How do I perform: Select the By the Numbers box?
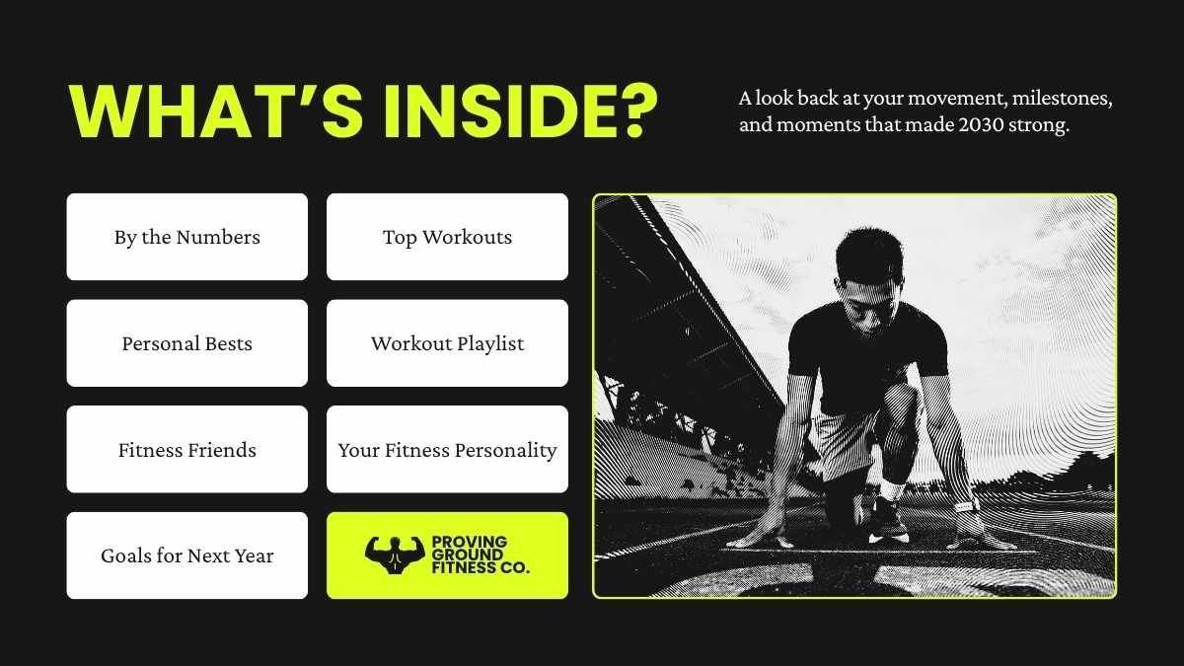(x=187, y=237)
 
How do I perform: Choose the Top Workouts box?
(x=447, y=237)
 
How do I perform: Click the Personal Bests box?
(x=187, y=343)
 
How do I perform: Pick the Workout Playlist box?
(x=447, y=343)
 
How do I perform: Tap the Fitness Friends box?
(x=187, y=450)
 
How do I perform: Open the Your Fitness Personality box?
(x=447, y=450)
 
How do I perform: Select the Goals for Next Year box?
(x=187, y=555)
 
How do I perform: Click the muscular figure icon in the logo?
(x=394, y=555)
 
